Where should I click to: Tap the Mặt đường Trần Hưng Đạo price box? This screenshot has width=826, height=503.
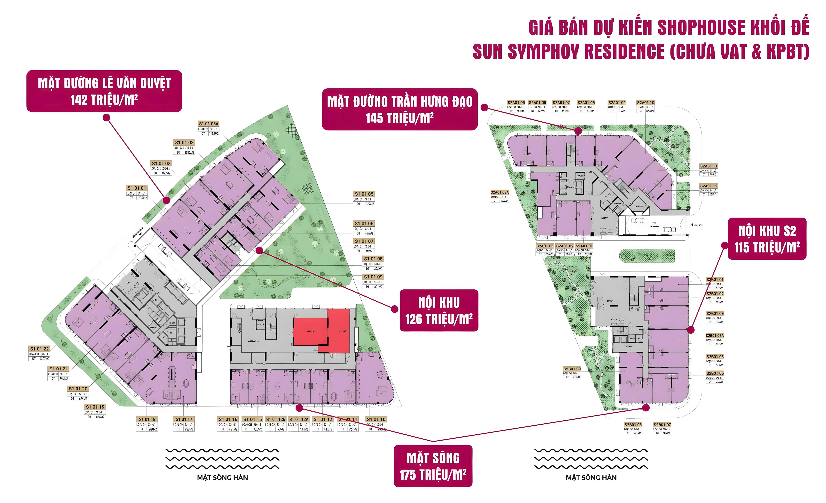(x=400, y=109)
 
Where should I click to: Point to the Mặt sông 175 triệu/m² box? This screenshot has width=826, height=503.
(x=433, y=466)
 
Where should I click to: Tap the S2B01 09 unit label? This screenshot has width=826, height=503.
(x=572, y=369)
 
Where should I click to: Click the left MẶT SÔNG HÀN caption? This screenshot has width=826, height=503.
(x=223, y=477)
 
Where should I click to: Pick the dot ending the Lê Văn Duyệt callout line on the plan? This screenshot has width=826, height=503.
(x=167, y=200)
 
